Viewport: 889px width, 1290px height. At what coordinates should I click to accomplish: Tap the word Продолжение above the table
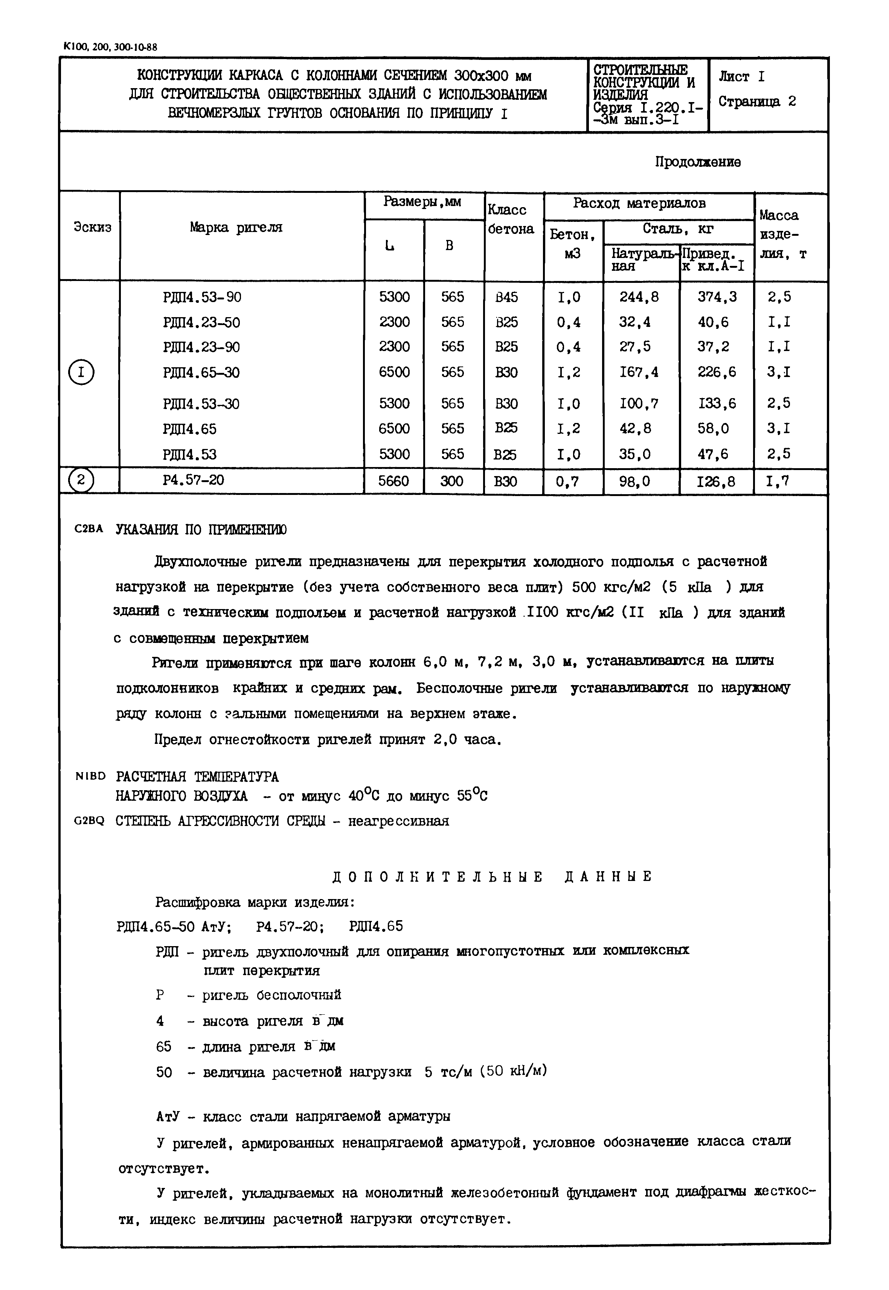pos(697,162)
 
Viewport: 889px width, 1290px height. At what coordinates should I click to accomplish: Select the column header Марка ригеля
pos(236,227)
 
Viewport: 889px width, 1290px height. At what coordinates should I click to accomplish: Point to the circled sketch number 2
pos(81,480)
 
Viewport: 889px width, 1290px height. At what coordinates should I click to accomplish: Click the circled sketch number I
pos(81,372)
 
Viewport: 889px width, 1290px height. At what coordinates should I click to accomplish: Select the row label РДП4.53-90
pos(202,298)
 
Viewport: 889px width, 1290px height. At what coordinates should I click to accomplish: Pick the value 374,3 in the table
pos(717,297)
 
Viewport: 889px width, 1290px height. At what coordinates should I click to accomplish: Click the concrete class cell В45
pos(506,298)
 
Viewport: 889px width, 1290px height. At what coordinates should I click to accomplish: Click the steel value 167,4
pos(639,372)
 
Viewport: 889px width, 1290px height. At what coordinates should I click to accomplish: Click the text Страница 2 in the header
pos(756,101)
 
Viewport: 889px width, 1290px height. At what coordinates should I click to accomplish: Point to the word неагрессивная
pos(398,821)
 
